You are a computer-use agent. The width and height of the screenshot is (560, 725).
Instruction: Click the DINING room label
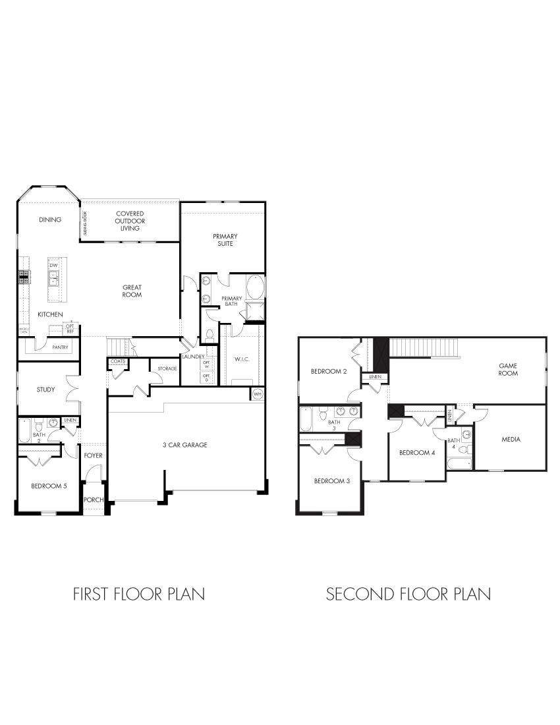pyautogui.click(x=50, y=219)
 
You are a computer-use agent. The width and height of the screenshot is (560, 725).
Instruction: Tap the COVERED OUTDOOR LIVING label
pyautogui.click(x=130, y=221)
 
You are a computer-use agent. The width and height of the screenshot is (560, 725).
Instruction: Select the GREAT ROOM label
pyautogui.click(x=132, y=291)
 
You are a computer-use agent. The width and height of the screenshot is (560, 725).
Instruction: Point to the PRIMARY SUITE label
pyautogui.click(x=225, y=240)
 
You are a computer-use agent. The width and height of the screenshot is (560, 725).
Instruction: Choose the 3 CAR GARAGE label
pyautogui.click(x=185, y=445)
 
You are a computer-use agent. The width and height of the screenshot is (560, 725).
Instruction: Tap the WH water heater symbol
pyautogui.click(x=257, y=393)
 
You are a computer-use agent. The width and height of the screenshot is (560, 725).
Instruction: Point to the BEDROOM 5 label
pyautogui.click(x=49, y=486)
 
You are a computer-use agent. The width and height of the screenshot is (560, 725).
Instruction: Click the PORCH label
pyautogui.click(x=94, y=500)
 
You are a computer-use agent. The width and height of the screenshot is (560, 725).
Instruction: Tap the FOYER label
pyautogui.click(x=94, y=455)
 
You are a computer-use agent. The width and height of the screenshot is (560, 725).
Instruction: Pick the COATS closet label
pyautogui.click(x=118, y=361)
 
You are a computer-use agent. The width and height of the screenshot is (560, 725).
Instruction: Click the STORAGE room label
pyautogui.click(x=167, y=368)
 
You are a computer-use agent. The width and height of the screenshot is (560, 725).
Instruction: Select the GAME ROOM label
pyautogui.click(x=508, y=369)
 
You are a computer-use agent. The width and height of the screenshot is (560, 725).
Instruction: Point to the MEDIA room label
pyautogui.click(x=511, y=439)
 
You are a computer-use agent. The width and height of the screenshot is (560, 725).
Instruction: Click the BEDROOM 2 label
pyautogui.click(x=329, y=372)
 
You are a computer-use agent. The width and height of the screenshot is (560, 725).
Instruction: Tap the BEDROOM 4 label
pyautogui.click(x=417, y=453)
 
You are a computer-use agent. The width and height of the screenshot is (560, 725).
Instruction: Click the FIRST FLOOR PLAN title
pyautogui.click(x=138, y=594)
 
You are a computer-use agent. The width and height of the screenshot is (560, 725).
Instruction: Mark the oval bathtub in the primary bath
pyautogui.click(x=255, y=289)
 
